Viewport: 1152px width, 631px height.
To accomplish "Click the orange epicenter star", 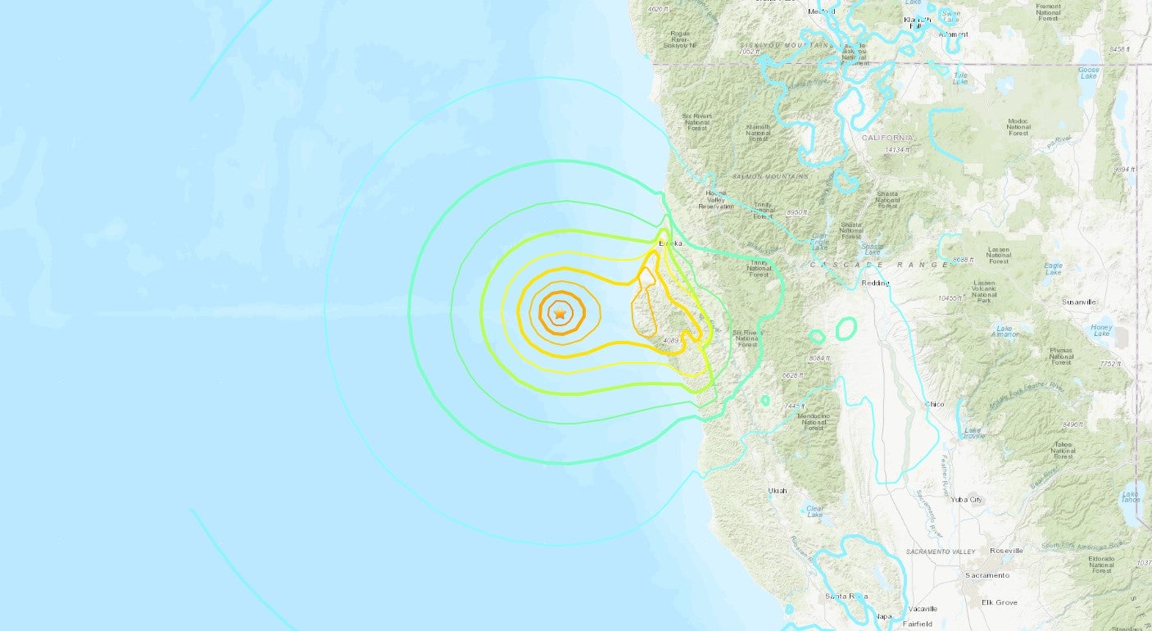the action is coord(560,314).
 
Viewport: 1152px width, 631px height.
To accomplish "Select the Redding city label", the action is coord(875,283).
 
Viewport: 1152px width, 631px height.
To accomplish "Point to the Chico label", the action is coord(934,404).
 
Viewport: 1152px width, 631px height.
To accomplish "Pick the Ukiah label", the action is coord(777,490).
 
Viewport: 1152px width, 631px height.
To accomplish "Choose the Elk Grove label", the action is coord(999,602).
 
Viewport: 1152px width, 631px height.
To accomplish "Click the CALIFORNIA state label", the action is coord(887,138).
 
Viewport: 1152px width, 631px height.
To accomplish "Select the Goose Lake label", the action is coord(1088,73).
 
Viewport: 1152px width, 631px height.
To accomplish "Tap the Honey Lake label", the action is coord(1101,331).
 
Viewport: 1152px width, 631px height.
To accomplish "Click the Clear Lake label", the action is coord(814,511).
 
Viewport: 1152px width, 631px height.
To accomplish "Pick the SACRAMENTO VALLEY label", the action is coord(941,552).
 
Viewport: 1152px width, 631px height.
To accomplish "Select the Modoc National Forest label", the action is coord(1018,127).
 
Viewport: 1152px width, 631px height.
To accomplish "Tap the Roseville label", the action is coord(1006,551).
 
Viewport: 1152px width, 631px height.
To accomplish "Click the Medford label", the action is coord(821,11).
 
